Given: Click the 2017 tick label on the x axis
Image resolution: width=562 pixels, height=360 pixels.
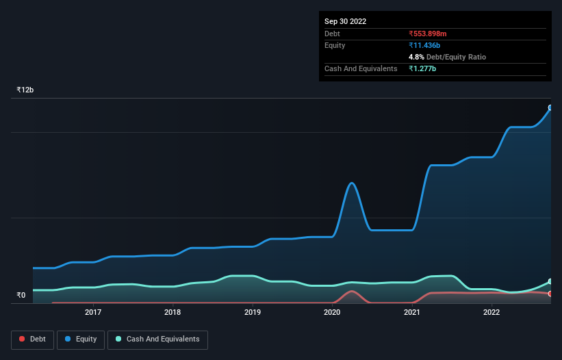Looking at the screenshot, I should (93, 313).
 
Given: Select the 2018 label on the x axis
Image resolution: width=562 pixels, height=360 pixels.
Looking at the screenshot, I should (173, 313).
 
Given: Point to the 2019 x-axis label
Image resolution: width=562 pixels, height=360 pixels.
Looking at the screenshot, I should (253, 313).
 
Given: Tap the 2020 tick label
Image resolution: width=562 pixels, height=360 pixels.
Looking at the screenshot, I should (332, 313).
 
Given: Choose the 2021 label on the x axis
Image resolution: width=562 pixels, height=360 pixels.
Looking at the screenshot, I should (412, 313).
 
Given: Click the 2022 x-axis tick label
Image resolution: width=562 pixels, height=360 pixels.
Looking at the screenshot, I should (491, 313).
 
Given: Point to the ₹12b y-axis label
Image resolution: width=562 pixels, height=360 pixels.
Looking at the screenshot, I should (25, 90).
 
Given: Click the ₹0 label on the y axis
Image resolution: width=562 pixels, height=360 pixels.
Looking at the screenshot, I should (21, 296).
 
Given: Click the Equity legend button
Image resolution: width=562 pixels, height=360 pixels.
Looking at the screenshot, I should (80, 339).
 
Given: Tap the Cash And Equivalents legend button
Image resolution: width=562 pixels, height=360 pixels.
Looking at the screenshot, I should (157, 339).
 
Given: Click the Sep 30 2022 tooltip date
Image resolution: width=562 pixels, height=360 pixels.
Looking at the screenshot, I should (345, 21).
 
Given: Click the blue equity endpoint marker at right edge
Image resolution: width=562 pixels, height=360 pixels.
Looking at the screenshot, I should (550, 107).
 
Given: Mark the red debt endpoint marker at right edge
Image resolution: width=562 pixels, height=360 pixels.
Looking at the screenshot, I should (550, 294).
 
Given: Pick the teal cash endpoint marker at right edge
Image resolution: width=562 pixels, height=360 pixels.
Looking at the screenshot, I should (550, 281).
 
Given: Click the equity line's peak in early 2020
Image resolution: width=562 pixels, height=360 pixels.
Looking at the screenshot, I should (352, 183).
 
